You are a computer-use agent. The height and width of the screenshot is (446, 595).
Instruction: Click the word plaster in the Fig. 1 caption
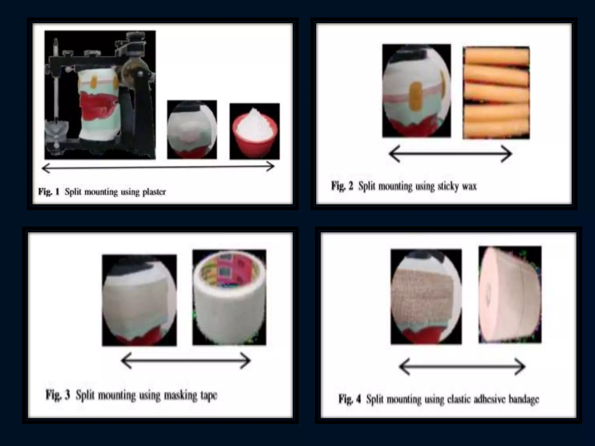point(154,192)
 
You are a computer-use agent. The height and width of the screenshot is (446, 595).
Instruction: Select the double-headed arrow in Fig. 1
point(158,167)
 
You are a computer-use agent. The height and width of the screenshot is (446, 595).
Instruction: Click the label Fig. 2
point(342,186)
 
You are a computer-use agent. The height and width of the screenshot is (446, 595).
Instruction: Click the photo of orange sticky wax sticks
point(496,93)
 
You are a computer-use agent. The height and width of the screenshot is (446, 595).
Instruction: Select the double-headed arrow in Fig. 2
point(450,154)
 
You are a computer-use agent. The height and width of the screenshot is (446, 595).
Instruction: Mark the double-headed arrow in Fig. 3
point(186,361)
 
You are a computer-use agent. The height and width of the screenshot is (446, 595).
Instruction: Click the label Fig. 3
point(58,395)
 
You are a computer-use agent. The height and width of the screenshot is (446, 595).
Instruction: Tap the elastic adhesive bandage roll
point(510,295)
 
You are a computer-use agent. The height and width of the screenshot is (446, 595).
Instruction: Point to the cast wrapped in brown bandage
point(426,296)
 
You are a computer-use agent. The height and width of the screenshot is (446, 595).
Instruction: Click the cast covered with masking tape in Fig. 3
point(139,301)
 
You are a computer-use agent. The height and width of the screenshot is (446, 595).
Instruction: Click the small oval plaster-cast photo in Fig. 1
point(192,130)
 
